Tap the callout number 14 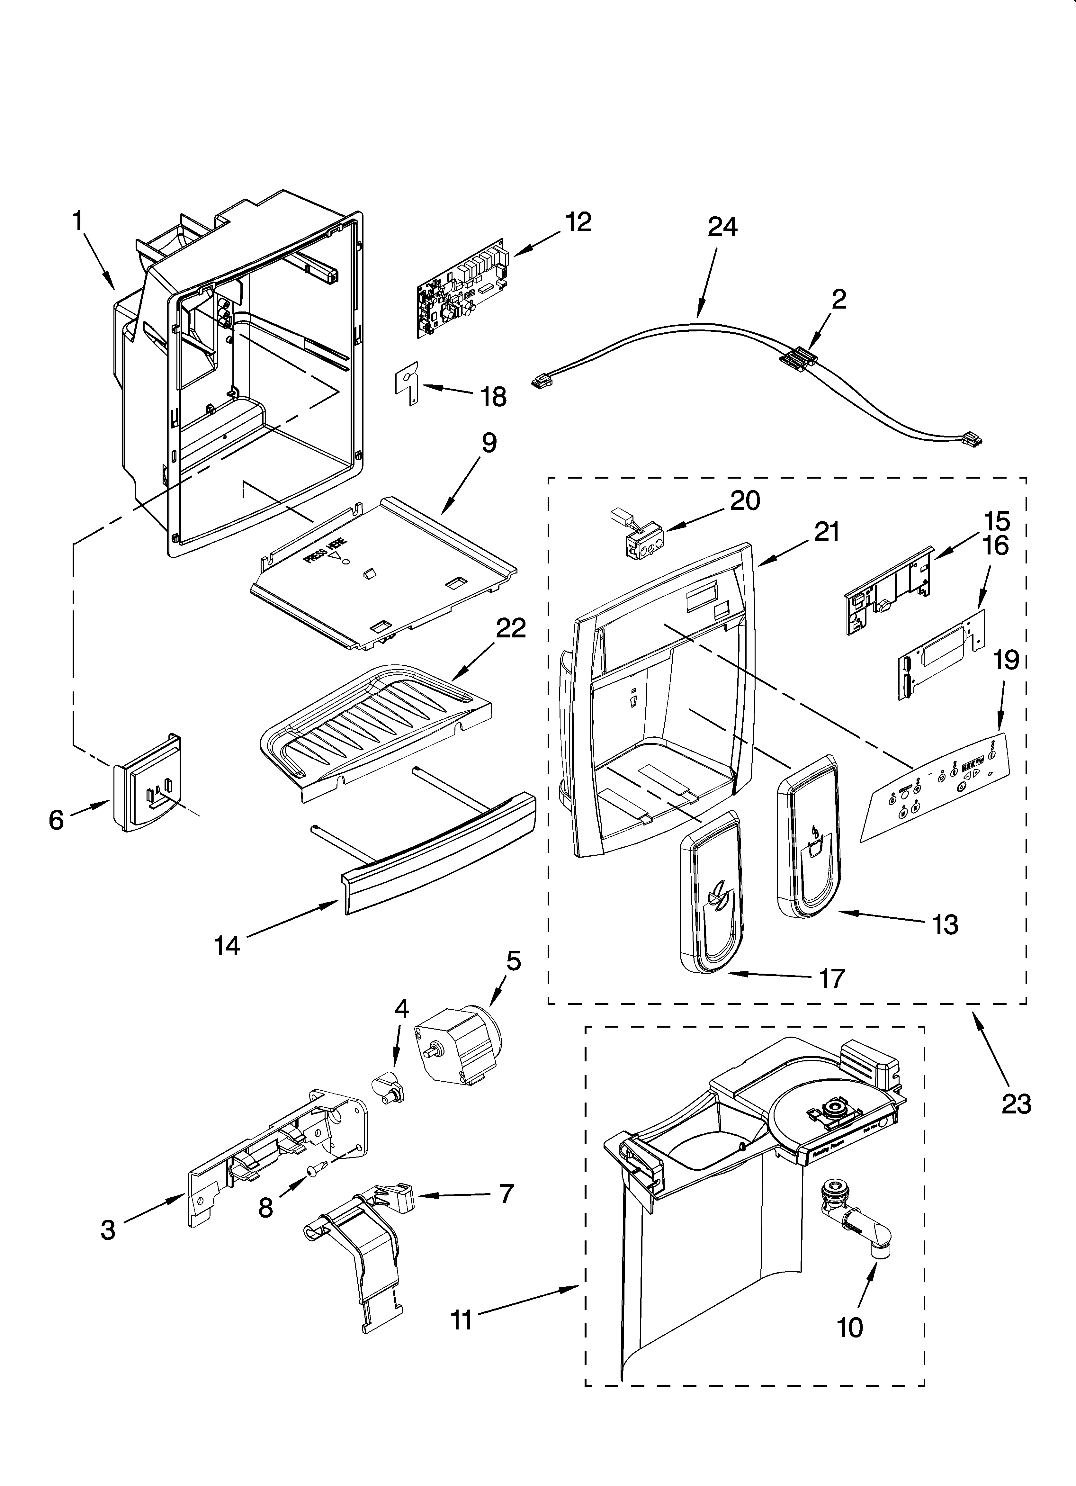pos(227,945)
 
